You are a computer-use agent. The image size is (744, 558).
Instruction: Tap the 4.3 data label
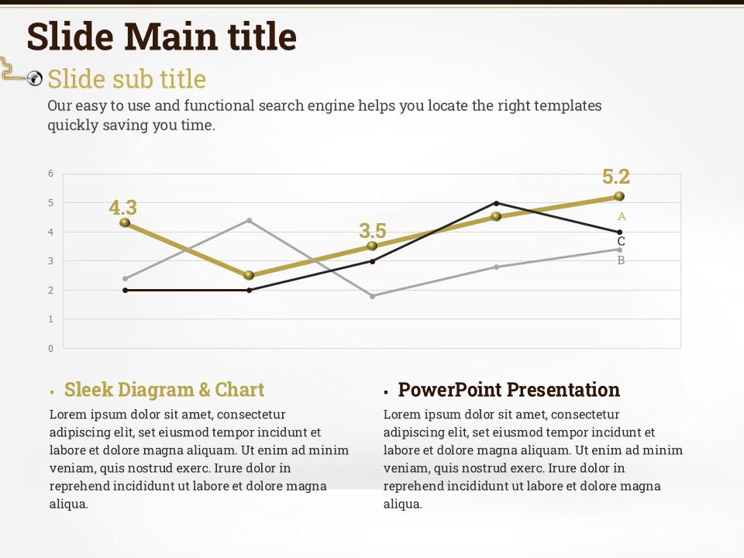[122, 208]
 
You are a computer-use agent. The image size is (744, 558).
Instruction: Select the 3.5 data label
[372, 231]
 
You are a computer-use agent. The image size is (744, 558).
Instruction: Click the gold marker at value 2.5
[249, 275]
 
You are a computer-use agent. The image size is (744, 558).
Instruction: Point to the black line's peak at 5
[496, 203]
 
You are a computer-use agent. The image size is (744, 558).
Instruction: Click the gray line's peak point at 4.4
[249, 220]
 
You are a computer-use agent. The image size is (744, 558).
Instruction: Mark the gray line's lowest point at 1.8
[372, 296]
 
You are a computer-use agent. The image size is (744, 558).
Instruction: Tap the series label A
[622, 217]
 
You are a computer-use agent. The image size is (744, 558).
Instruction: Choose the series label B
[621, 261]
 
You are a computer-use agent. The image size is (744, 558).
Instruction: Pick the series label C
[621, 241]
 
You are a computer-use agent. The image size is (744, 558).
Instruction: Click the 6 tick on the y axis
[51, 174]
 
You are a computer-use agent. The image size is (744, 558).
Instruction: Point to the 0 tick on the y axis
[51, 348]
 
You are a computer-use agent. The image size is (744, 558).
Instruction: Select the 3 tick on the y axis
[51, 261]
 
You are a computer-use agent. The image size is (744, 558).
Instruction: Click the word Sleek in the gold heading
[88, 390]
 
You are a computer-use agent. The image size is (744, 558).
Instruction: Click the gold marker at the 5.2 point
[619, 196]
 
